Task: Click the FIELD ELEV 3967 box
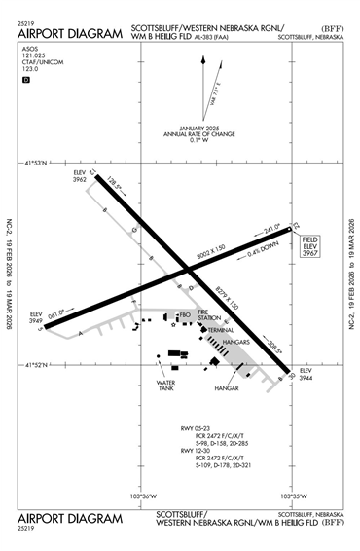coord(310,246)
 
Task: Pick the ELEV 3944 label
coord(305,377)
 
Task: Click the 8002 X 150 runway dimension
coord(211,251)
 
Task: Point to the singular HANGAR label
coord(227,388)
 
